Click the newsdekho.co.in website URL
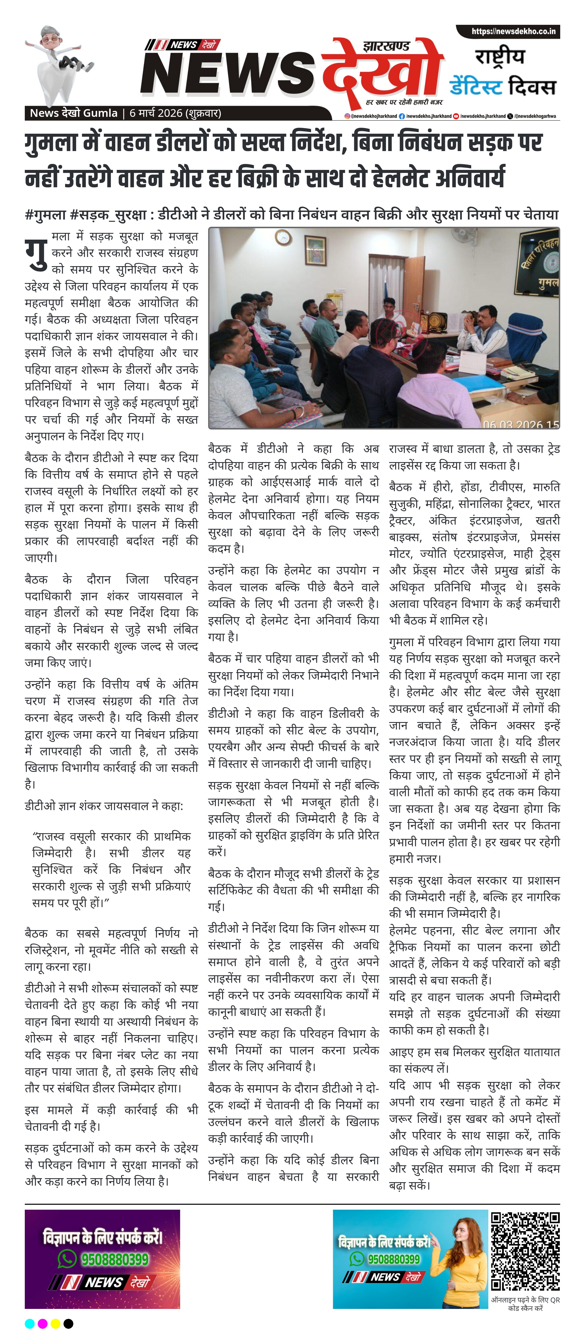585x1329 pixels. pyautogui.click(x=513, y=32)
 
